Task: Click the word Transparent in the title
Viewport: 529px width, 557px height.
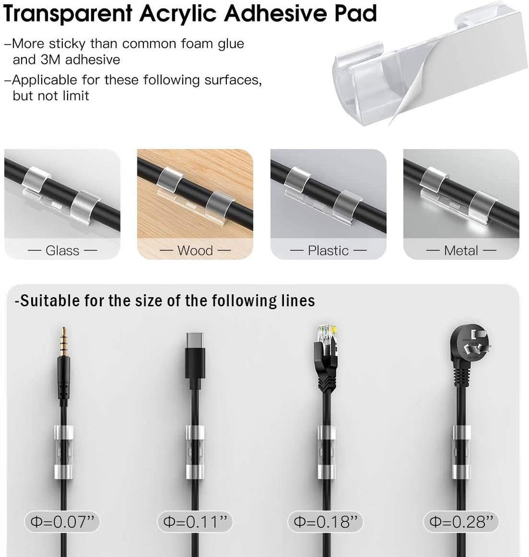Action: (x=68, y=14)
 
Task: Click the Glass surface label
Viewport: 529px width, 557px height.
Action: (x=62, y=250)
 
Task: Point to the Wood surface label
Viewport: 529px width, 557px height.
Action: (x=195, y=250)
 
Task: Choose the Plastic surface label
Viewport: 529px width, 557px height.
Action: (x=328, y=250)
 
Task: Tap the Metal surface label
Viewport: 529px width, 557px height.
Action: (x=461, y=250)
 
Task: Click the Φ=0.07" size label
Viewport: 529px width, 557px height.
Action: (x=62, y=522)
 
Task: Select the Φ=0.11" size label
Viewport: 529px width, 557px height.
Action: (x=195, y=522)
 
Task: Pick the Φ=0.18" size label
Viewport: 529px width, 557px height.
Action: (x=326, y=522)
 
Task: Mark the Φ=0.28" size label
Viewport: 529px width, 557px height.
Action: (x=461, y=522)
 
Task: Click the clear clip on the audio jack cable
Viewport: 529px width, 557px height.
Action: (x=63, y=452)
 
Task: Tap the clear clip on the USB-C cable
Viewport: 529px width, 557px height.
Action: (x=195, y=452)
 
